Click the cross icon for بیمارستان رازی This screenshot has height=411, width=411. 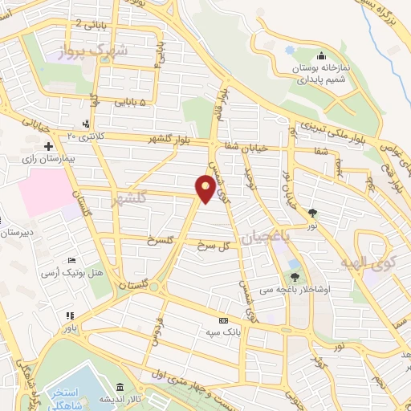click(x=49, y=147)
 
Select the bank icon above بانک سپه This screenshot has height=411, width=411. click(x=223, y=320)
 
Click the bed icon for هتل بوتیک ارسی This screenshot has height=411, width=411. click(x=72, y=261)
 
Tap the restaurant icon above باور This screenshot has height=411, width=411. click(x=70, y=315)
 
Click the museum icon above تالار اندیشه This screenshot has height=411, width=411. click(x=120, y=386)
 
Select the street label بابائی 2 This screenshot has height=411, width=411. click(x=89, y=23)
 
